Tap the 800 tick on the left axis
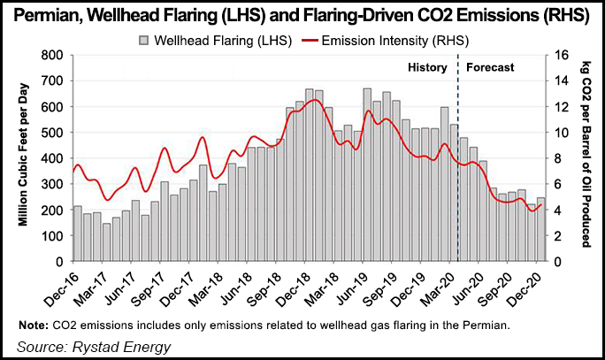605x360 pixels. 53,55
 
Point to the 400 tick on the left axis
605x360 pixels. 53,158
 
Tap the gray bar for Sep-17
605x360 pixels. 165,222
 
